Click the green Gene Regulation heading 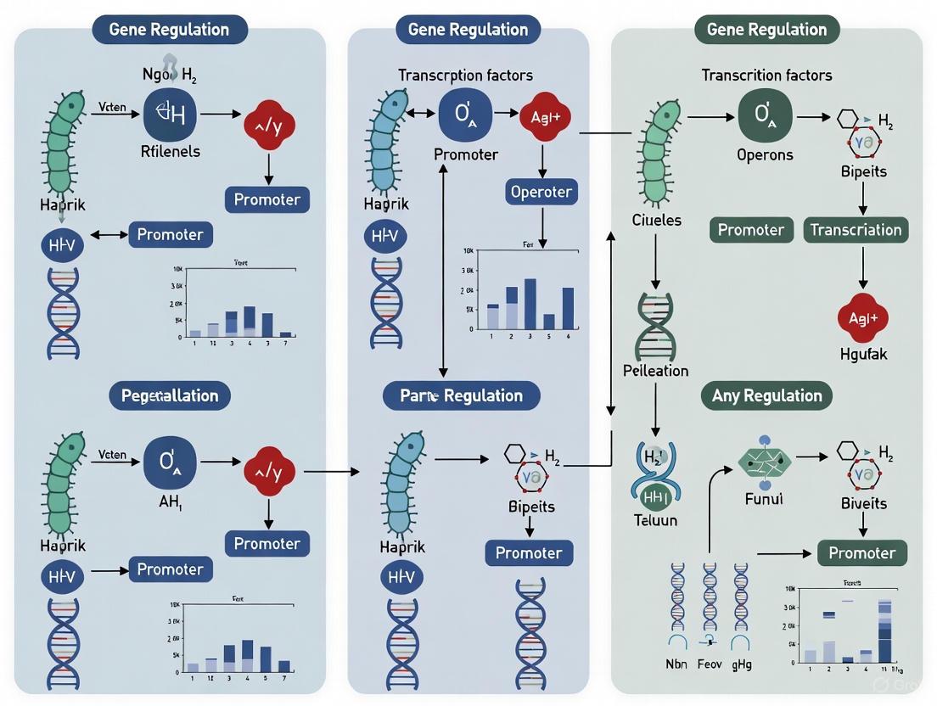766,30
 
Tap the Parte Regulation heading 462,395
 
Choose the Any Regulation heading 766,395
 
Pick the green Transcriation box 856,230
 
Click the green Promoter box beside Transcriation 750,230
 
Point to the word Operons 766,155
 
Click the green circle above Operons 765,114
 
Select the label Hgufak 862,354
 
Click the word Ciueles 656,220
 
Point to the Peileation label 655,371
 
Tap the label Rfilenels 171,152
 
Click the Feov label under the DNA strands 710,664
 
